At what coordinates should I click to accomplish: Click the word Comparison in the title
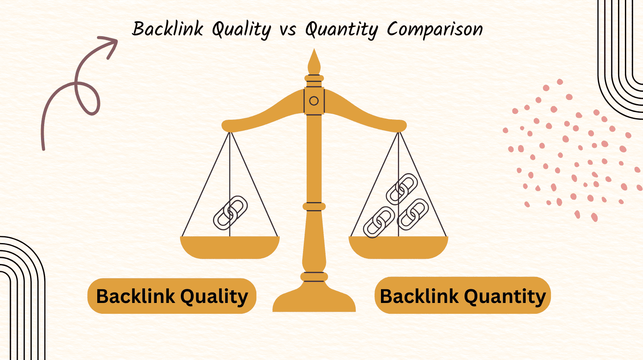click(434, 30)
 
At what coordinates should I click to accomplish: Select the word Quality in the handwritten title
click(242, 30)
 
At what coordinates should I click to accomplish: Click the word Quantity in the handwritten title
click(342, 30)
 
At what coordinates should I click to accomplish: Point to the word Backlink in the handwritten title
click(168, 29)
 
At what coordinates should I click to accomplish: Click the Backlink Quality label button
click(172, 296)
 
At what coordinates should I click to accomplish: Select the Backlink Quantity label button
click(463, 295)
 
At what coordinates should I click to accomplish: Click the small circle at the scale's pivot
click(314, 101)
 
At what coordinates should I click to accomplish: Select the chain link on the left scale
click(230, 213)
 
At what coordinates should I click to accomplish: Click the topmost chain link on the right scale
click(401, 189)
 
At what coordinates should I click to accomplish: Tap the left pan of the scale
click(229, 247)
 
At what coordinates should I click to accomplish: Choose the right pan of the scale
click(398, 247)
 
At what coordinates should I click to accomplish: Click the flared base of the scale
click(314, 299)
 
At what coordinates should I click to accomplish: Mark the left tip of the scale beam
click(222, 126)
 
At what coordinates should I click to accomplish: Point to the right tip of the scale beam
click(406, 126)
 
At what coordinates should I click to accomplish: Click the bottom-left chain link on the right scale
click(379, 222)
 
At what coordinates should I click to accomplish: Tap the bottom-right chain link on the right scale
click(413, 214)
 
